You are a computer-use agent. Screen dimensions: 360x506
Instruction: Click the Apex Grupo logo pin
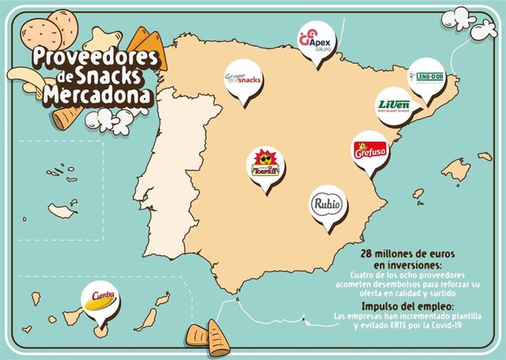pos(316,40)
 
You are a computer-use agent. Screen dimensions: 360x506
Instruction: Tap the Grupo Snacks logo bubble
pos(242,78)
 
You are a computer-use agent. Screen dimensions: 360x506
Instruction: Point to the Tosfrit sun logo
pos(264,164)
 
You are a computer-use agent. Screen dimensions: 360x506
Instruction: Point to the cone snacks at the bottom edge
pos(209,339)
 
